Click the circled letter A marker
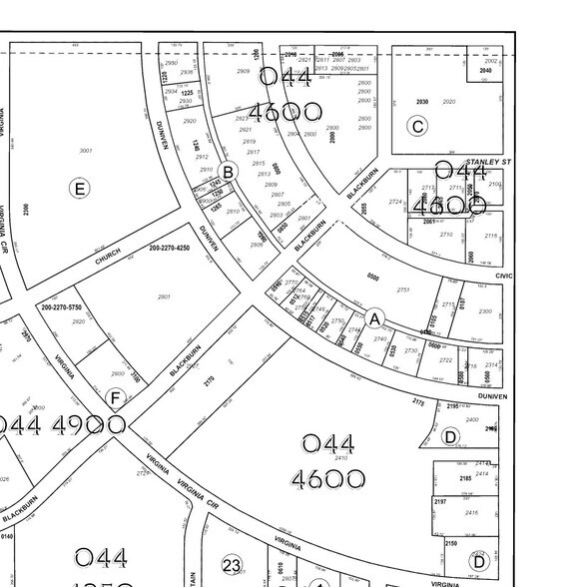[374, 318]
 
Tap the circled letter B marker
[228, 172]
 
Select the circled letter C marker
[417, 126]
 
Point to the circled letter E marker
[78, 188]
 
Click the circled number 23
[232, 566]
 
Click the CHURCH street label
[108, 257]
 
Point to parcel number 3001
[86, 151]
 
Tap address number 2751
[403, 290]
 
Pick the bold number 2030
[422, 102]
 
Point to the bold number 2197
[441, 501]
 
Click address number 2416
[472, 513]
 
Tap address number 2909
[243, 72]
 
